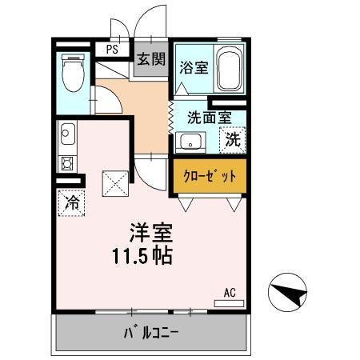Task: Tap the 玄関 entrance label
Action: coord(150,59)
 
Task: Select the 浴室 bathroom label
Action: coord(194,67)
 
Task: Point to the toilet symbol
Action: coord(74,74)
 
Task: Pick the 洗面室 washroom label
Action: coord(209,116)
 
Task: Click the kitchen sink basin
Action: coord(67,134)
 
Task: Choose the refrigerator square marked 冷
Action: coord(72,202)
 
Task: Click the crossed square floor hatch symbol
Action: coord(114,184)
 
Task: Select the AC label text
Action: coord(230,291)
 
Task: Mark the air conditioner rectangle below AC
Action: coord(230,302)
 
